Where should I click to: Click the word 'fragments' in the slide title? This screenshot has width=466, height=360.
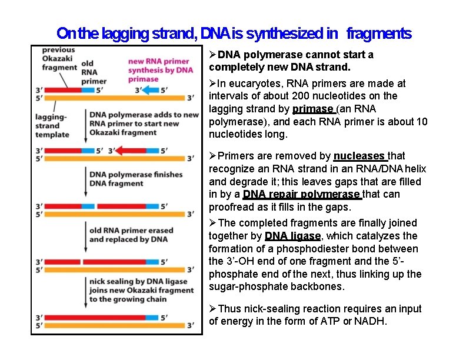pos(379,34)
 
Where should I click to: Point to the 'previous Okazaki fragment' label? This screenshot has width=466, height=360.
pos(59,59)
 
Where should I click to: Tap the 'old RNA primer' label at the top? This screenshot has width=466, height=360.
pos(94,72)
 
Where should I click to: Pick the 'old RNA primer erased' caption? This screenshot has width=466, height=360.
pos(128,235)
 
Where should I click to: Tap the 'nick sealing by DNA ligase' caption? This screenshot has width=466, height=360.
pos(138,290)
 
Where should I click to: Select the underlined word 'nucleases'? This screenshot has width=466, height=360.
pos(360,156)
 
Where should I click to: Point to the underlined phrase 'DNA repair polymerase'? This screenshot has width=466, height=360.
pos(301,194)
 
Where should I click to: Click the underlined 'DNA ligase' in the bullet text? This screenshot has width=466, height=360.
pos(292,236)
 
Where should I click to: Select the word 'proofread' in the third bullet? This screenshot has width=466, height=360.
pos(230,207)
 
